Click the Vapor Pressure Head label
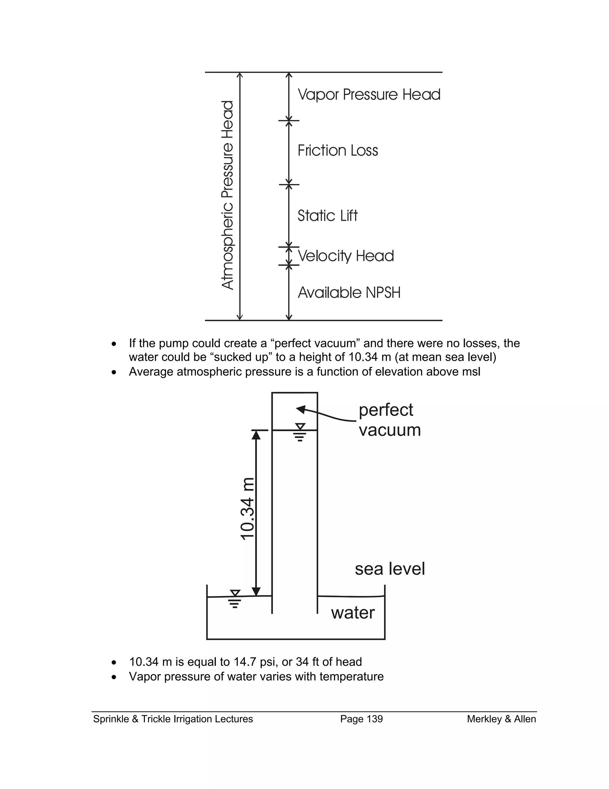point(369,95)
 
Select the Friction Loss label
point(338,151)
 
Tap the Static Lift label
point(327,216)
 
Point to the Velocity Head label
point(346,256)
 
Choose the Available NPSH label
point(349,292)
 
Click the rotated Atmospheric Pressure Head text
point(227,195)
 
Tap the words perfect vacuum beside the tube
point(389,420)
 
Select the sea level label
point(390,569)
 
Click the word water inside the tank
point(353,613)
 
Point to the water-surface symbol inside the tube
point(300,432)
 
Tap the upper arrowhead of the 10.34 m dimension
point(256,435)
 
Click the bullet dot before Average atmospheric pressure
point(114,372)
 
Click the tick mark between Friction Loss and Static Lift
point(289,185)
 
